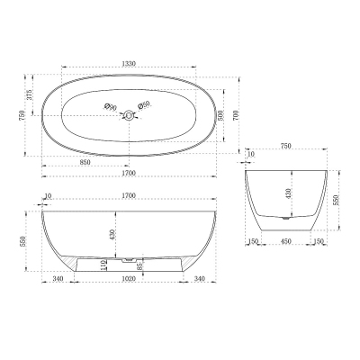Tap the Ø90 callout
click(x=111, y=107)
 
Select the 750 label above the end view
click(x=287, y=147)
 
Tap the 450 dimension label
click(x=287, y=240)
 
